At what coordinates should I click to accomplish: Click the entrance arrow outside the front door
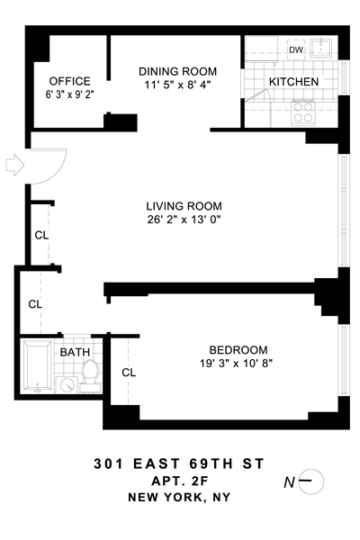[x=14, y=165]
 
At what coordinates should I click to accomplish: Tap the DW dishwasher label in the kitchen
[x=296, y=49]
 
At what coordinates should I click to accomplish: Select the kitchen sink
[x=321, y=48]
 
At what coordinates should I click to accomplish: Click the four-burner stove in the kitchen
[x=303, y=112]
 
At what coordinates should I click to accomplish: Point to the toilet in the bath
[x=90, y=376]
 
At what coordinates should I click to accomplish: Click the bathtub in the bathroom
[x=37, y=366]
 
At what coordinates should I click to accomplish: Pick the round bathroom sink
[x=67, y=384]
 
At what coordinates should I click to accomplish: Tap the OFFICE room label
[x=70, y=81]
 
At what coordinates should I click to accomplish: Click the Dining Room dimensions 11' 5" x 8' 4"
[x=177, y=85]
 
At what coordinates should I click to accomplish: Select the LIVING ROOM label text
[x=184, y=206]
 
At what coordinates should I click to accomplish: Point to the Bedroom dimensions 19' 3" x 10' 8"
[x=237, y=363]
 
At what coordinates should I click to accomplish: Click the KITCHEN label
[x=293, y=82]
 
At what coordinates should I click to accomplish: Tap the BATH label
[x=75, y=352]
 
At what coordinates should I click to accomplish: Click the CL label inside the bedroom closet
[x=129, y=373]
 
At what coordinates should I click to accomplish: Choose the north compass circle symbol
[x=311, y=481]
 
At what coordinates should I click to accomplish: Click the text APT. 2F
[x=180, y=481]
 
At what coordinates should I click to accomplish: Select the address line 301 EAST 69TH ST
[x=179, y=463]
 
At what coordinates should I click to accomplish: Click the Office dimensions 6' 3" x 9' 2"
[x=70, y=94]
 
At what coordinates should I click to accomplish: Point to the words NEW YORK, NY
[x=179, y=498]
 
